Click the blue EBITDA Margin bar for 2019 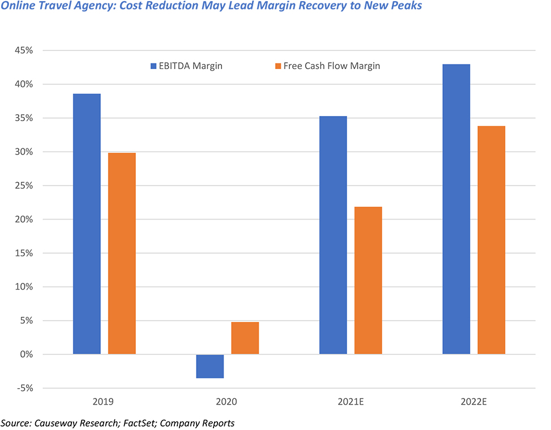point(87,224)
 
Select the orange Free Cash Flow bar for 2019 point(122,253)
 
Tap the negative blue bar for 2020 point(210,366)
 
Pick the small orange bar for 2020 point(245,338)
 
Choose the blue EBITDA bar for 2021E point(333,235)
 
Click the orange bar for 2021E point(368,281)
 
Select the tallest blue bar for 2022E point(456,209)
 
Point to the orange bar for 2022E point(491,240)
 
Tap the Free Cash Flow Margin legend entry point(323,66)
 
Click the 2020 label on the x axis point(227,402)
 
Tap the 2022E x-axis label point(473,402)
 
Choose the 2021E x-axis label point(351,402)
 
